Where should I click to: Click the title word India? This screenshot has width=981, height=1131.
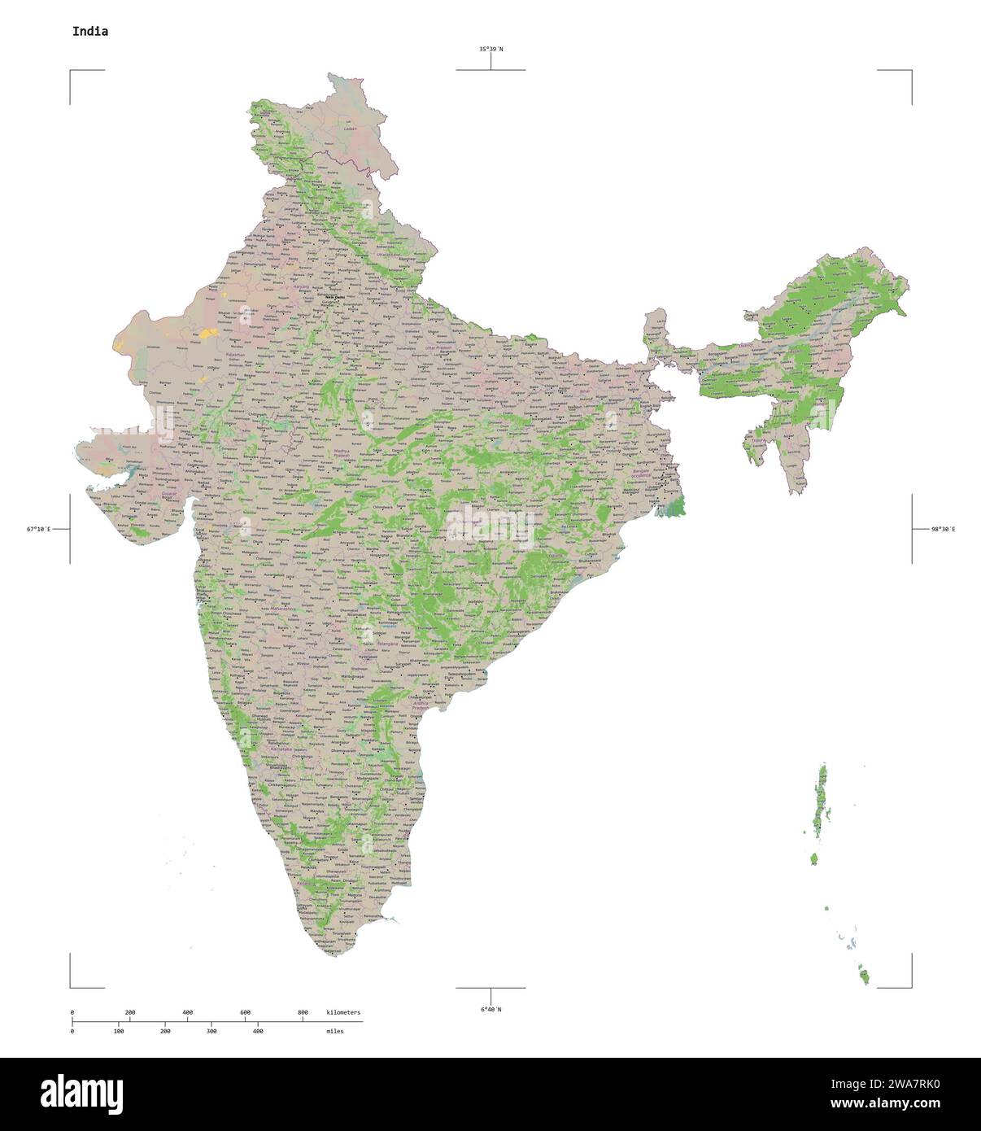click(89, 32)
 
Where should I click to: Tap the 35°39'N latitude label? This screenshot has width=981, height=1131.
click(490, 50)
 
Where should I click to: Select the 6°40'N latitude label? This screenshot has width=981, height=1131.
click(490, 1010)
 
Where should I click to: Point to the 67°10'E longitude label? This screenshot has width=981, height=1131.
click(38, 530)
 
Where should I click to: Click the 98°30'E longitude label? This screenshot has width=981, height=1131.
click(944, 530)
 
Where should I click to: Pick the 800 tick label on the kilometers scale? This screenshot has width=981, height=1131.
click(303, 1012)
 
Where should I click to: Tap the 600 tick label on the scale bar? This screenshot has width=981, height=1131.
click(245, 1012)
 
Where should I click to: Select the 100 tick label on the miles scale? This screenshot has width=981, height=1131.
click(119, 1031)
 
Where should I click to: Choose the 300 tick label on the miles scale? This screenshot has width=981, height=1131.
click(211, 1031)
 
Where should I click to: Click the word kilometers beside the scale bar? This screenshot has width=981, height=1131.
click(343, 1012)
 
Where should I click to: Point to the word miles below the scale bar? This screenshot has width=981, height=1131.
click(334, 1031)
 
